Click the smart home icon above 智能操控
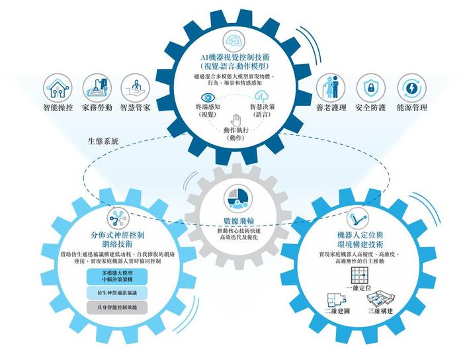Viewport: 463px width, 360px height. pyautogui.click(x=58, y=88)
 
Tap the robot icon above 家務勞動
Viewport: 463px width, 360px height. pyautogui.click(x=97, y=88)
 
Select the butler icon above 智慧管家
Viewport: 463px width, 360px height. pyautogui.click(x=135, y=88)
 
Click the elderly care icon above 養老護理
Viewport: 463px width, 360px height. pyautogui.click(x=331, y=88)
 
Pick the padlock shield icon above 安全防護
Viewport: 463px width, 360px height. pyautogui.click(x=370, y=88)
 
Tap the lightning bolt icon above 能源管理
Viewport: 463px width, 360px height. pyautogui.click(x=411, y=88)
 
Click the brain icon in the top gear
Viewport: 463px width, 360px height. pyautogui.click(x=234, y=40)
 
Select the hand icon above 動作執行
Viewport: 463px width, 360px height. pyautogui.click(x=235, y=120)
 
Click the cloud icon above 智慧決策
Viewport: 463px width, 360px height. pyautogui.click(x=261, y=97)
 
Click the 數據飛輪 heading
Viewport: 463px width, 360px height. pyautogui.click(x=239, y=221)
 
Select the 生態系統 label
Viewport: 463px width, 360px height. pyautogui.click(x=103, y=141)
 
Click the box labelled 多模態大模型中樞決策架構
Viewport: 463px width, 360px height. pyautogui.click(x=117, y=277)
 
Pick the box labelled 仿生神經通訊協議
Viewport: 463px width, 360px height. pyautogui.click(x=117, y=293)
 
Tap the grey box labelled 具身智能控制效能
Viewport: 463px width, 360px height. pyautogui.click(x=117, y=308)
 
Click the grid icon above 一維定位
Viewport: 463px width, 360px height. pyautogui.click(x=359, y=275)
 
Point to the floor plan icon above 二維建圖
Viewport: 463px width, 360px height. pyautogui.click(x=337, y=299)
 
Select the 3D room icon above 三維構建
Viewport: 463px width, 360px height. pyautogui.click(x=380, y=299)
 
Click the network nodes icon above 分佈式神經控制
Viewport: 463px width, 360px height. pyautogui.click(x=118, y=219)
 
